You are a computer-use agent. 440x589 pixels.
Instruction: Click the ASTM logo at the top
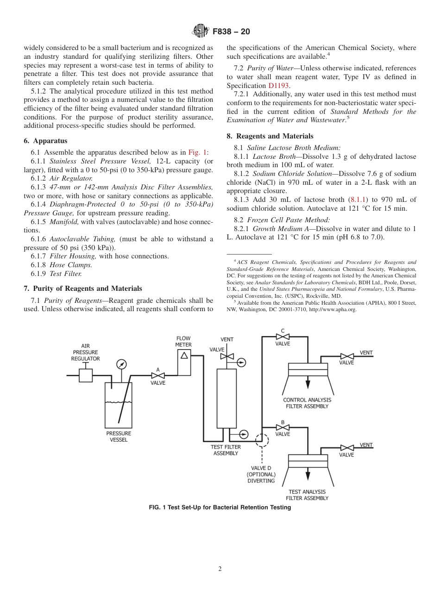point(201,31)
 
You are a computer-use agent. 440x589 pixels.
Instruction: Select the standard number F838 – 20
point(231,31)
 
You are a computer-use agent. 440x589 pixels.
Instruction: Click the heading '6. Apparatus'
point(45,141)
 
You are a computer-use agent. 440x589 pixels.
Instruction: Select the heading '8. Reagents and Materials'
point(270,136)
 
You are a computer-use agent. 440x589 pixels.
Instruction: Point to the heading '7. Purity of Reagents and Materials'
point(83,288)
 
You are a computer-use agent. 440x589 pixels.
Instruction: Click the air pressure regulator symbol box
point(86,375)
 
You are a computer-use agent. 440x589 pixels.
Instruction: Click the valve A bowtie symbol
point(158,376)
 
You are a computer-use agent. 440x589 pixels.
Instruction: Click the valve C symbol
point(283,337)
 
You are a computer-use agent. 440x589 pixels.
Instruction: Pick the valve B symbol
point(283,428)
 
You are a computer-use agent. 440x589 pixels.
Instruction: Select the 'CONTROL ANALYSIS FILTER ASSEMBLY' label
point(307,403)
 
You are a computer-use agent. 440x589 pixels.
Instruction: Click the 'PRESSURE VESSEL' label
point(119,437)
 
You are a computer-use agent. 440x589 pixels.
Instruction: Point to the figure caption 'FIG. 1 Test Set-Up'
point(220,507)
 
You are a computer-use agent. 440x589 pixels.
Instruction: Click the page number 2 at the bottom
point(220,569)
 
